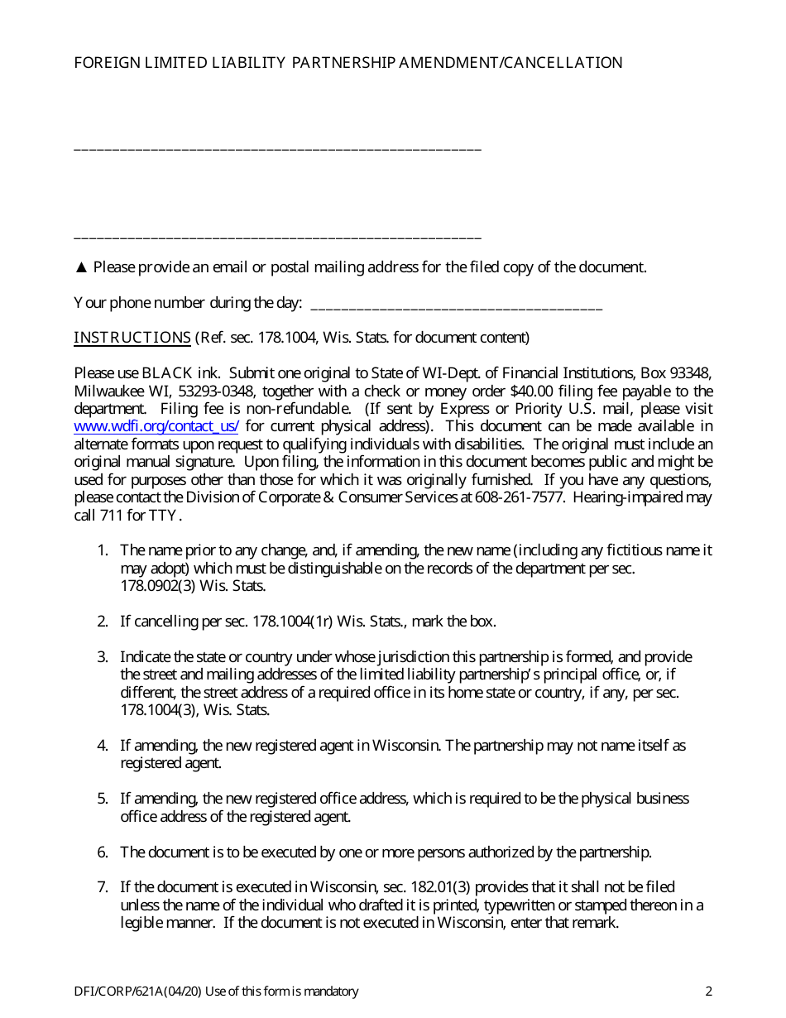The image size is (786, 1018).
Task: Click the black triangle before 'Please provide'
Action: coord(81,267)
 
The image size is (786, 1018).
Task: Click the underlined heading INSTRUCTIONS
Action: coord(132,338)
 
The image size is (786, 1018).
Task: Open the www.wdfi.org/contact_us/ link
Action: coord(156,427)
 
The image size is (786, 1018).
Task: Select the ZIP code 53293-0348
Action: coord(217,391)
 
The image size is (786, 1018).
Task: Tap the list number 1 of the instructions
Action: coord(103,550)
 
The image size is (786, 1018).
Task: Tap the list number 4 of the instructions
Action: coord(103,746)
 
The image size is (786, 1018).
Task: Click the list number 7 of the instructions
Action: coord(103,887)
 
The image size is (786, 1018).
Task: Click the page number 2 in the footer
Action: coord(708,992)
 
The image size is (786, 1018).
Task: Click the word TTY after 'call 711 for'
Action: coord(165,516)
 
